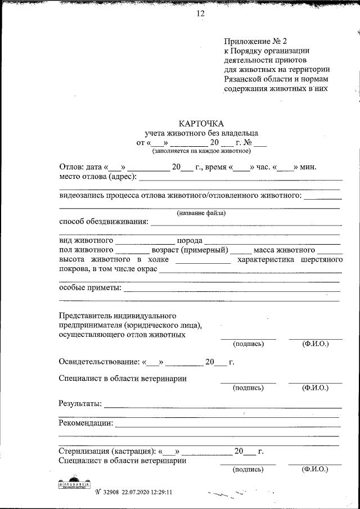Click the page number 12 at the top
[x=200, y=13]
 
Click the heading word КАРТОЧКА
[x=201, y=124]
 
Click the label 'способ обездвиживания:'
[x=103, y=221]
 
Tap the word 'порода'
[x=190, y=240]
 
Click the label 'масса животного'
[x=283, y=250]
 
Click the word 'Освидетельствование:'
[x=99, y=362]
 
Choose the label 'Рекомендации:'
[x=86, y=423]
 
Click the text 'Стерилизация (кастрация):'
[x=107, y=451]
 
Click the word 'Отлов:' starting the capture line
[x=72, y=167]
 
